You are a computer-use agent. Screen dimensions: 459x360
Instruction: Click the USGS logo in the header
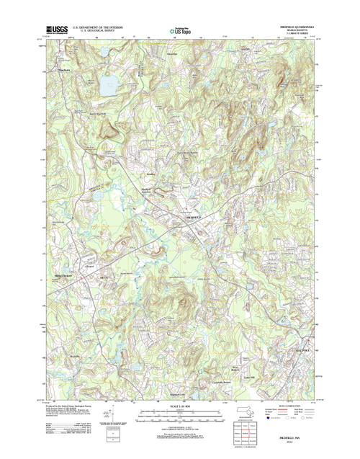click(x=56, y=30)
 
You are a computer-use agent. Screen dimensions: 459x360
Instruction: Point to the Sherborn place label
click(x=63, y=70)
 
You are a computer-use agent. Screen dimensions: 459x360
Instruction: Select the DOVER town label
click(x=244, y=49)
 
